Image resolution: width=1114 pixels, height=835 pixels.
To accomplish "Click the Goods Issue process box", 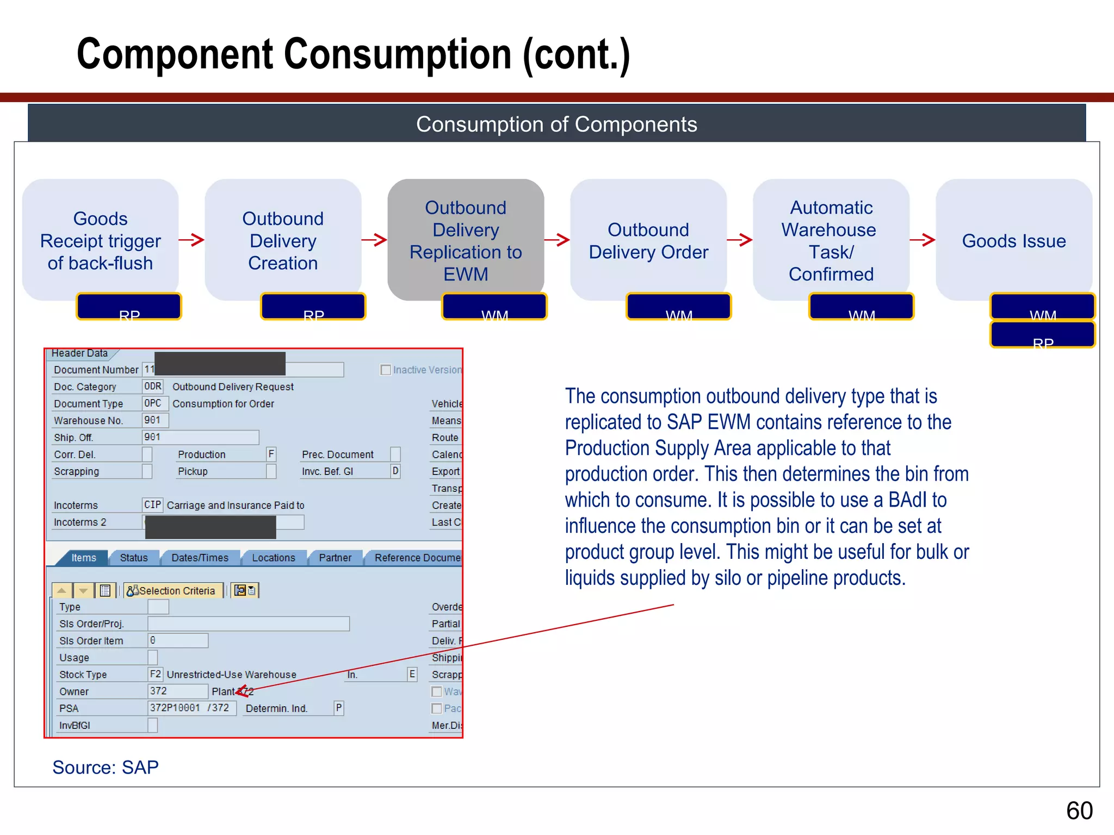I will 1013,240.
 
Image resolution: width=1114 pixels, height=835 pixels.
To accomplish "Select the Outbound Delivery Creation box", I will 283,240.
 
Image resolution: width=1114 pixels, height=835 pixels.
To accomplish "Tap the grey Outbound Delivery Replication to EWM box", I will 466,240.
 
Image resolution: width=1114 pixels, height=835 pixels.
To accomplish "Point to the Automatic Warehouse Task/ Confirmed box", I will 831,240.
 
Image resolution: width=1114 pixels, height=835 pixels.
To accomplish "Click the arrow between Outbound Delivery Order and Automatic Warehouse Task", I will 740,240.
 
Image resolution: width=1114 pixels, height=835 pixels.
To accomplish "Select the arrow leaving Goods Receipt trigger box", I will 191,240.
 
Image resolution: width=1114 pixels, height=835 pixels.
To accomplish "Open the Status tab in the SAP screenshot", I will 134,558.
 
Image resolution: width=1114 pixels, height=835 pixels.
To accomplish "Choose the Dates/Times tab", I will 200,558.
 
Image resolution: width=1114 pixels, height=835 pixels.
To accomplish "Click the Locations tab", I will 273,558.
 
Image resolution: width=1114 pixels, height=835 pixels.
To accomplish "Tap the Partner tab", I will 335,558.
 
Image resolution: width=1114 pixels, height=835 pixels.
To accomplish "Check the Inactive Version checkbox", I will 386,370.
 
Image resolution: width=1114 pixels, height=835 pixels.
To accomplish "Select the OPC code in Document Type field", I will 153,403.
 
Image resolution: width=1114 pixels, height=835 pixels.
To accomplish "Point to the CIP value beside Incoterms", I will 152,505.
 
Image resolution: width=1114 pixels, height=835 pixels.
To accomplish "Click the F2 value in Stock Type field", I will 155,674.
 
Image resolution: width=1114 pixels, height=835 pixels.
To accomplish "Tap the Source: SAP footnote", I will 106,767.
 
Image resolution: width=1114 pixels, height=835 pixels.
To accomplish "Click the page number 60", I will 1079,811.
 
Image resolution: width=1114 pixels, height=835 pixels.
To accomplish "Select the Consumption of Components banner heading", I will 556,124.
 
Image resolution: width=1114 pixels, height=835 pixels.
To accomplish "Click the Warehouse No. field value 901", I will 154,420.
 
